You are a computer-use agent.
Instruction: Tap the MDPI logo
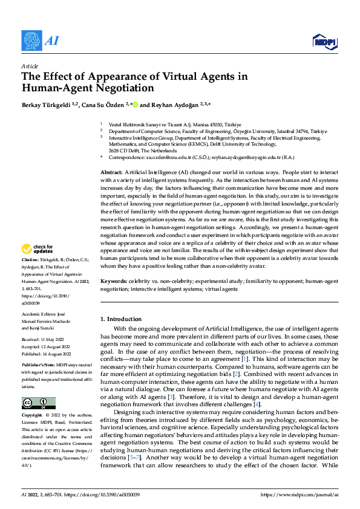coord(324,41)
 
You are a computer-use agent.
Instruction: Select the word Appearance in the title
coord(106,76)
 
